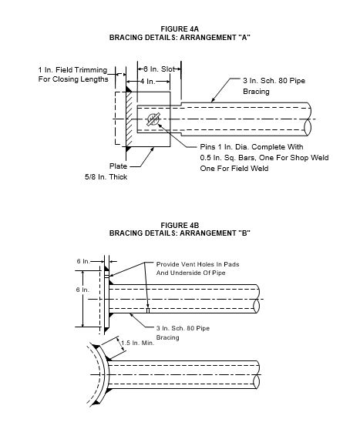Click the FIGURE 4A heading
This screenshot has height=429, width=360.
(180, 29)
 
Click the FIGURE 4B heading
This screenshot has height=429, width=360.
(180, 225)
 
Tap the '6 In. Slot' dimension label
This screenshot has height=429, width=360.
(159, 69)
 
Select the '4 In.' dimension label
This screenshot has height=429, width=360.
(148, 82)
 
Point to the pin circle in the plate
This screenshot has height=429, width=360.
(153, 119)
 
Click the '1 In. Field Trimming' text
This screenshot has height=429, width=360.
(72, 70)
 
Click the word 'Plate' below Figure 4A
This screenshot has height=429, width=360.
(118, 166)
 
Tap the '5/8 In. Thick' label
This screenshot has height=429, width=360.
(106, 177)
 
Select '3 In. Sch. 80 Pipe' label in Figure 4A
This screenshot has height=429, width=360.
(274, 81)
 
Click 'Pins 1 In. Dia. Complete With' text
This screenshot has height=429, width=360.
(251, 147)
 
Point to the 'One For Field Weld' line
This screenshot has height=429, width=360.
(234, 168)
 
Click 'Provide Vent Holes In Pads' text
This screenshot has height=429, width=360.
(197, 264)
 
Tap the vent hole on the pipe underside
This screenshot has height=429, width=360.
(148, 310)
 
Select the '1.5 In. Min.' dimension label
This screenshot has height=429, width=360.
(138, 343)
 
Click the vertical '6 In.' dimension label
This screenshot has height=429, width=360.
(82, 290)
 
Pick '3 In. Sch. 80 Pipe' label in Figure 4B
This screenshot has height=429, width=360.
(183, 328)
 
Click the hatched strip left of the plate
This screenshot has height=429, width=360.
(130, 119)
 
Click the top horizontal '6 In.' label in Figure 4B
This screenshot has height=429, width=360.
(83, 261)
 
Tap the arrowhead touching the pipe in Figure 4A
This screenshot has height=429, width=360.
(213, 100)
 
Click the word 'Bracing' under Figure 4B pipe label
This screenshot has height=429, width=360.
(167, 337)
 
